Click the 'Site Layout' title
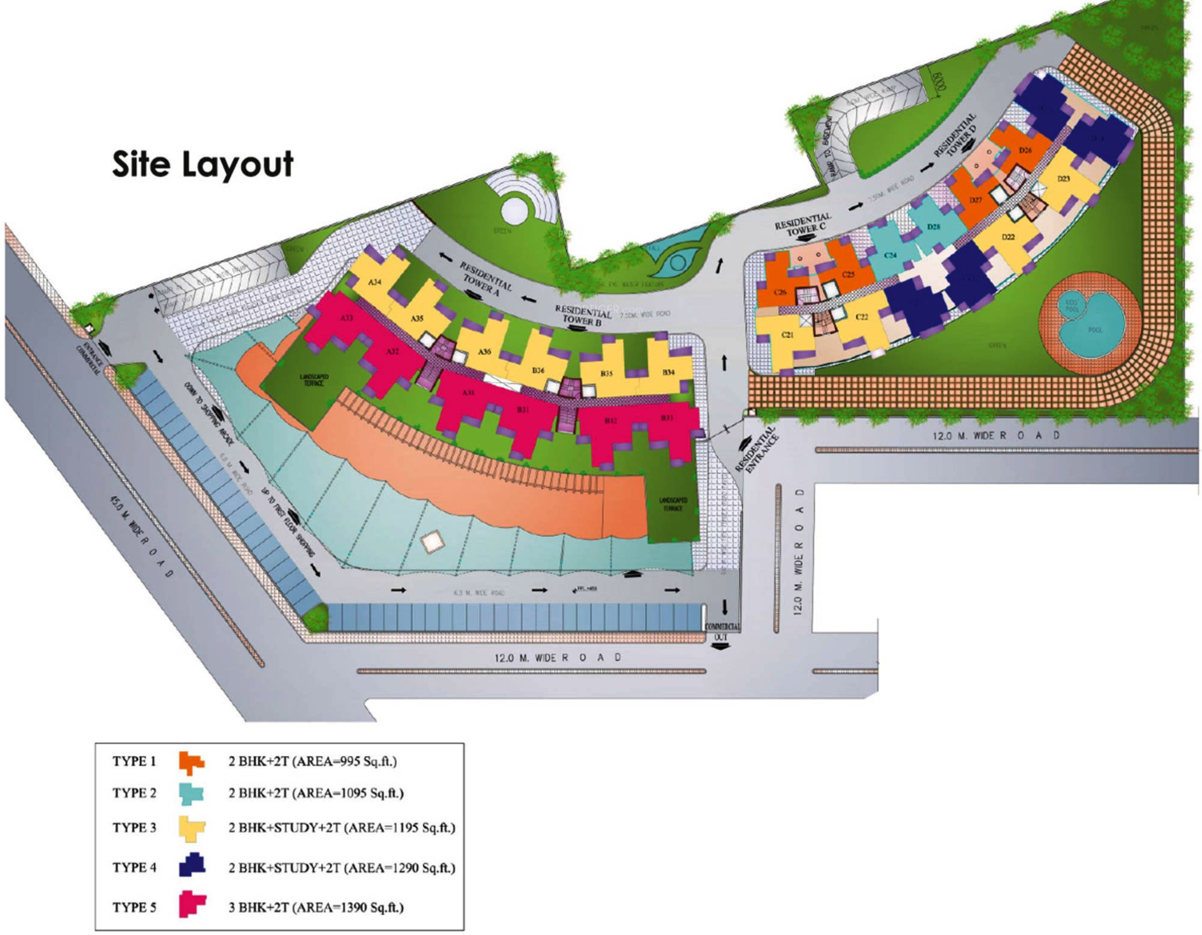(x=203, y=164)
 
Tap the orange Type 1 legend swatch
(x=191, y=762)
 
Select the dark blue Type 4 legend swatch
(x=192, y=865)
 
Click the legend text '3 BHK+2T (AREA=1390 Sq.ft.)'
(x=316, y=907)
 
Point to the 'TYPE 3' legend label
(x=134, y=827)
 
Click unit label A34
(x=374, y=282)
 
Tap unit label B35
(x=606, y=373)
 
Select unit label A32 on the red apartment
(x=392, y=351)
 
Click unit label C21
(x=787, y=335)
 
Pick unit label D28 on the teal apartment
(x=933, y=227)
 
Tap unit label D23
(x=1064, y=178)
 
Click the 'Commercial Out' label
(x=721, y=632)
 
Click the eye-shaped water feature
(x=677, y=261)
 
